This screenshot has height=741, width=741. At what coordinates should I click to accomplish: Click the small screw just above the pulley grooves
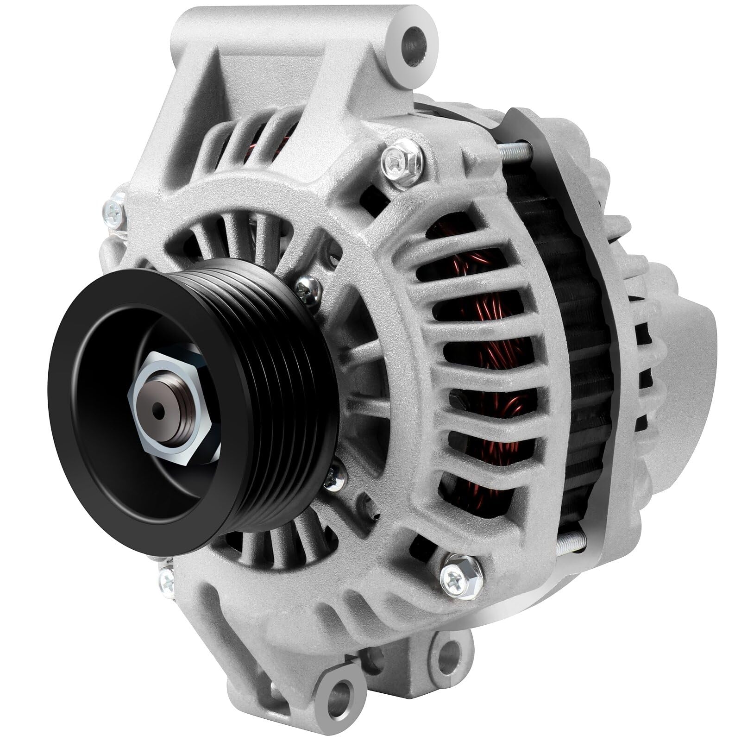click(308, 289)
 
